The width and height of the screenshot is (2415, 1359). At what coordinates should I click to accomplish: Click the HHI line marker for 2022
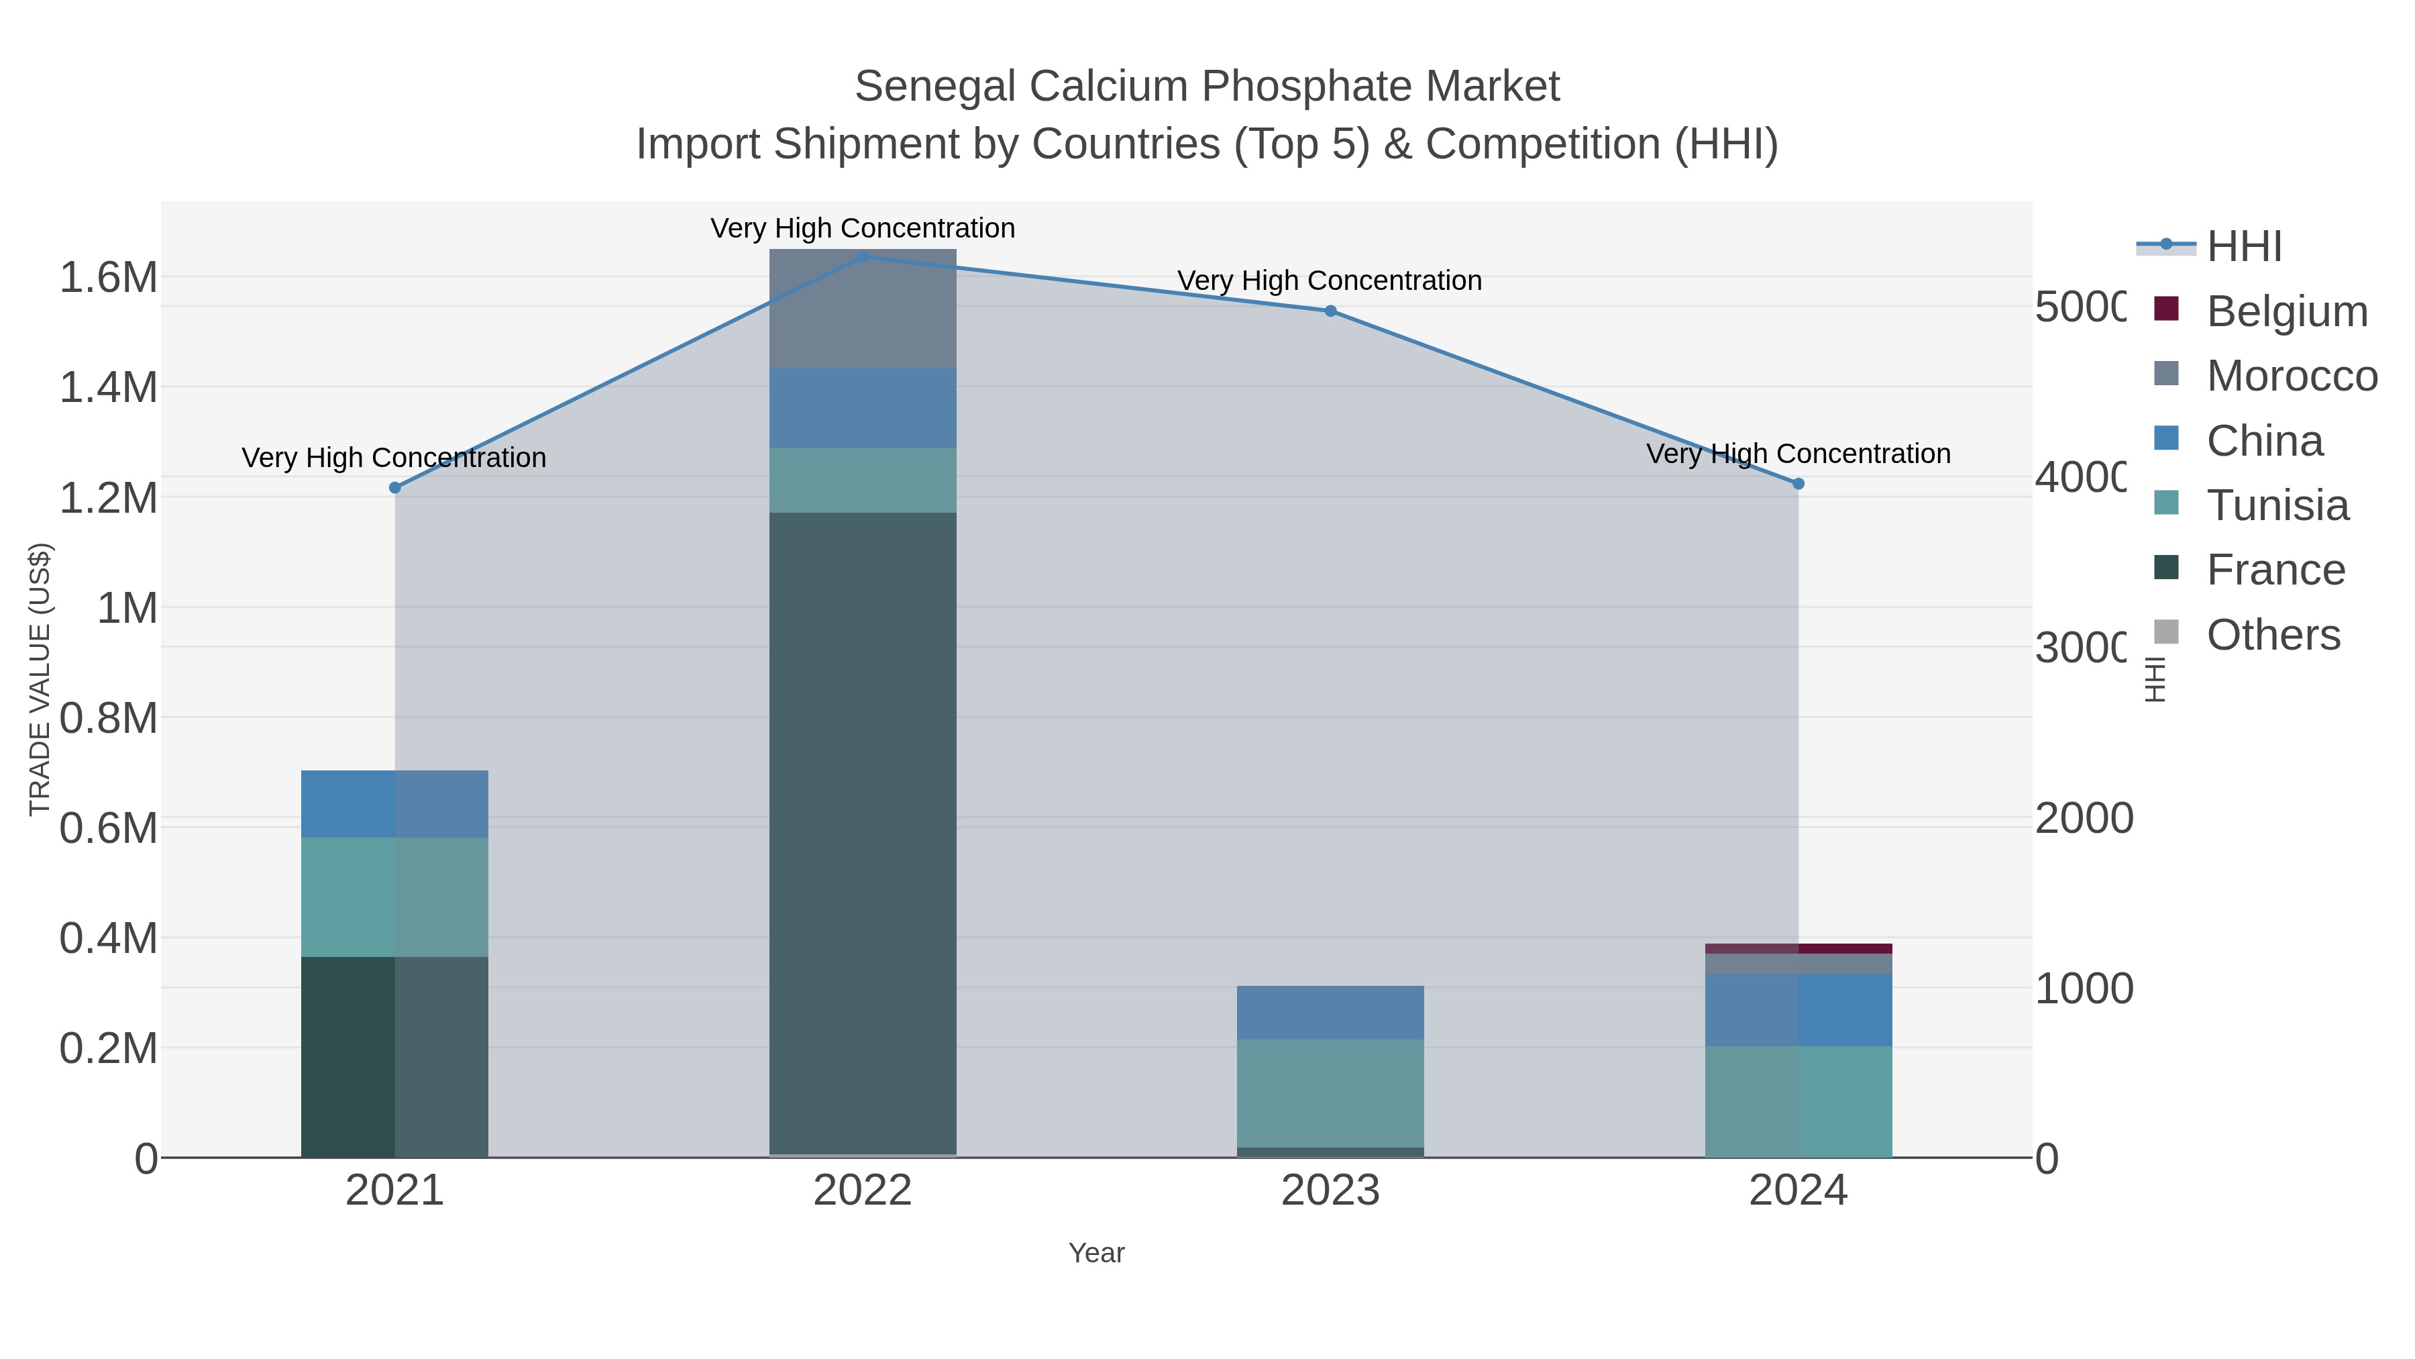[x=863, y=256]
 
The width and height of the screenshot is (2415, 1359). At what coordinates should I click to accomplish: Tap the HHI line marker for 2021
[x=394, y=488]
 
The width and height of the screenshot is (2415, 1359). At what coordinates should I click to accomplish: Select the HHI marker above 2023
[x=1330, y=311]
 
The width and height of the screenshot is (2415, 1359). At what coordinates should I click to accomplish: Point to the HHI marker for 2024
[x=1798, y=484]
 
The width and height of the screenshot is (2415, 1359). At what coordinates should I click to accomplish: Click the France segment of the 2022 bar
[x=863, y=835]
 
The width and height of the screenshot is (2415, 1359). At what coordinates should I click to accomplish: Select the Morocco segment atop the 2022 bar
[x=863, y=309]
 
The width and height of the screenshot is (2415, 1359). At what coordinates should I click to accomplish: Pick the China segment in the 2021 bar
[x=394, y=804]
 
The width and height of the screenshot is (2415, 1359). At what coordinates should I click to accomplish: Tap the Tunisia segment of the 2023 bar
[x=1330, y=1093]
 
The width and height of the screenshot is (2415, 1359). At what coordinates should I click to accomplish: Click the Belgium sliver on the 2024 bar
[x=1798, y=948]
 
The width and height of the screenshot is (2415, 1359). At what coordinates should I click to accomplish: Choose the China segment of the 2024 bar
[x=1798, y=1009]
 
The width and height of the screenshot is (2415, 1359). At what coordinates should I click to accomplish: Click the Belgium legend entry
[x=2287, y=311]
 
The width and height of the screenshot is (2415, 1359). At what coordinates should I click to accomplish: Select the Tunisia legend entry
[x=2277, y=505]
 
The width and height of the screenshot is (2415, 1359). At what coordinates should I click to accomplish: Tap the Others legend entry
[x=2273, y=635]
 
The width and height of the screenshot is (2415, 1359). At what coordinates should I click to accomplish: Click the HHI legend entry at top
[x=2243, y=247]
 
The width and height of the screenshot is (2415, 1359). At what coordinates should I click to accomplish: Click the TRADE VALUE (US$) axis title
[x=40, y=679]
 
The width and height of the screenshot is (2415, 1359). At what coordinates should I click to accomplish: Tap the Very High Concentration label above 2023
[x=1330, y=281]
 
